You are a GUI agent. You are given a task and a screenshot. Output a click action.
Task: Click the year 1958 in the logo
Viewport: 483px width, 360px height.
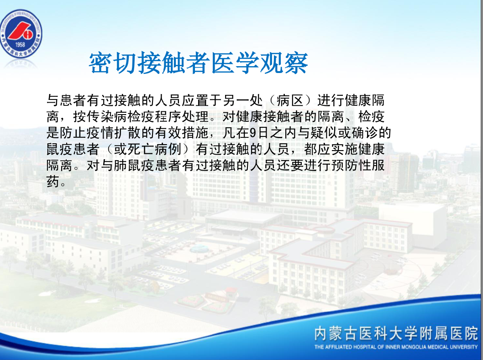(20, 44)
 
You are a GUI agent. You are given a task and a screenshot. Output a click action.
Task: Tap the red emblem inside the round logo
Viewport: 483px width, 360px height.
(21, 31)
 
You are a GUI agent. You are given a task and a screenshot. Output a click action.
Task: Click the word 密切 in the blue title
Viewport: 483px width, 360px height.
(113, 63)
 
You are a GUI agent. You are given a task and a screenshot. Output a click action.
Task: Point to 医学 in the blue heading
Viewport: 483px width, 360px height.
(235, 63)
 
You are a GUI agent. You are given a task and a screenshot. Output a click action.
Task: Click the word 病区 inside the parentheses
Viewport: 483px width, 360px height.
(290, 100)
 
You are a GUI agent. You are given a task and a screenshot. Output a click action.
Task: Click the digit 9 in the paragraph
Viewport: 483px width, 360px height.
(253, 133)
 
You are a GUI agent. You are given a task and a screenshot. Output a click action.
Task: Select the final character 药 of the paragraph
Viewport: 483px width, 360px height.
(52, 182)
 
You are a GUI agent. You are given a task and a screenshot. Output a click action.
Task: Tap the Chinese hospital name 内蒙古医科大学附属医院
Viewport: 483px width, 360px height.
(396, 334)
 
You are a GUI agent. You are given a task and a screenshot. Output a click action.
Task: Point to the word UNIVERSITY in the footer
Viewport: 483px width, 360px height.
(463, 347)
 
